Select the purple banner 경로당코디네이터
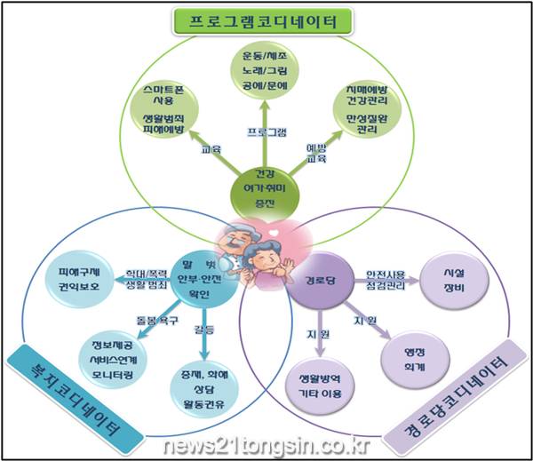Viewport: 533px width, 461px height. click(452, 392)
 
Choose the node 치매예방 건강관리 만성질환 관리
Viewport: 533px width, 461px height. click(365, 113)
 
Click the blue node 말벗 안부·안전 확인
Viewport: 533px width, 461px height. click(205, 276)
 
